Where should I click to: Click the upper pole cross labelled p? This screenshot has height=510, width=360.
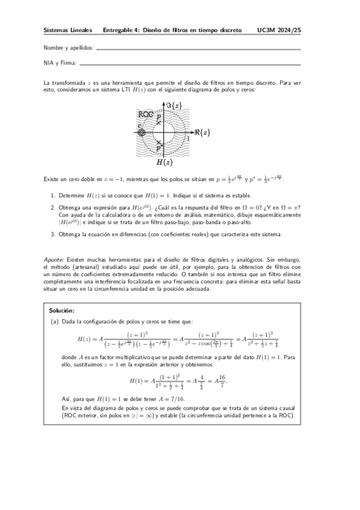(x=159, y=122)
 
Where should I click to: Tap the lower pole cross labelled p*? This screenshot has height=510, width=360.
(x=158, y=143)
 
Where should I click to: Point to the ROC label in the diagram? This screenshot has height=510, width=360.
(x=145, y=114)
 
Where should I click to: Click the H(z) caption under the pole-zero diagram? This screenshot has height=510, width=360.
(x=165, y=162)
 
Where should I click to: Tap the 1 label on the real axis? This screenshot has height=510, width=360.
(x=188, y=138)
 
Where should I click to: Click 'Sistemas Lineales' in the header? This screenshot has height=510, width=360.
(x=68, y=29)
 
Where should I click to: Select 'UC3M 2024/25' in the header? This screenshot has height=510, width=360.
(x=278, y=29)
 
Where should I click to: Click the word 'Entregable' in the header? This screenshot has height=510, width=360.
(x=120, y=29)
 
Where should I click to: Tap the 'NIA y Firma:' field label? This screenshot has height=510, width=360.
(x=60, y=63)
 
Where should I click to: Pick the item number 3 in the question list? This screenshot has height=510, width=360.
(x=53, y=234)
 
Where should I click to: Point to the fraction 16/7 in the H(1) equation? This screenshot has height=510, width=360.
(x=224, y=381)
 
